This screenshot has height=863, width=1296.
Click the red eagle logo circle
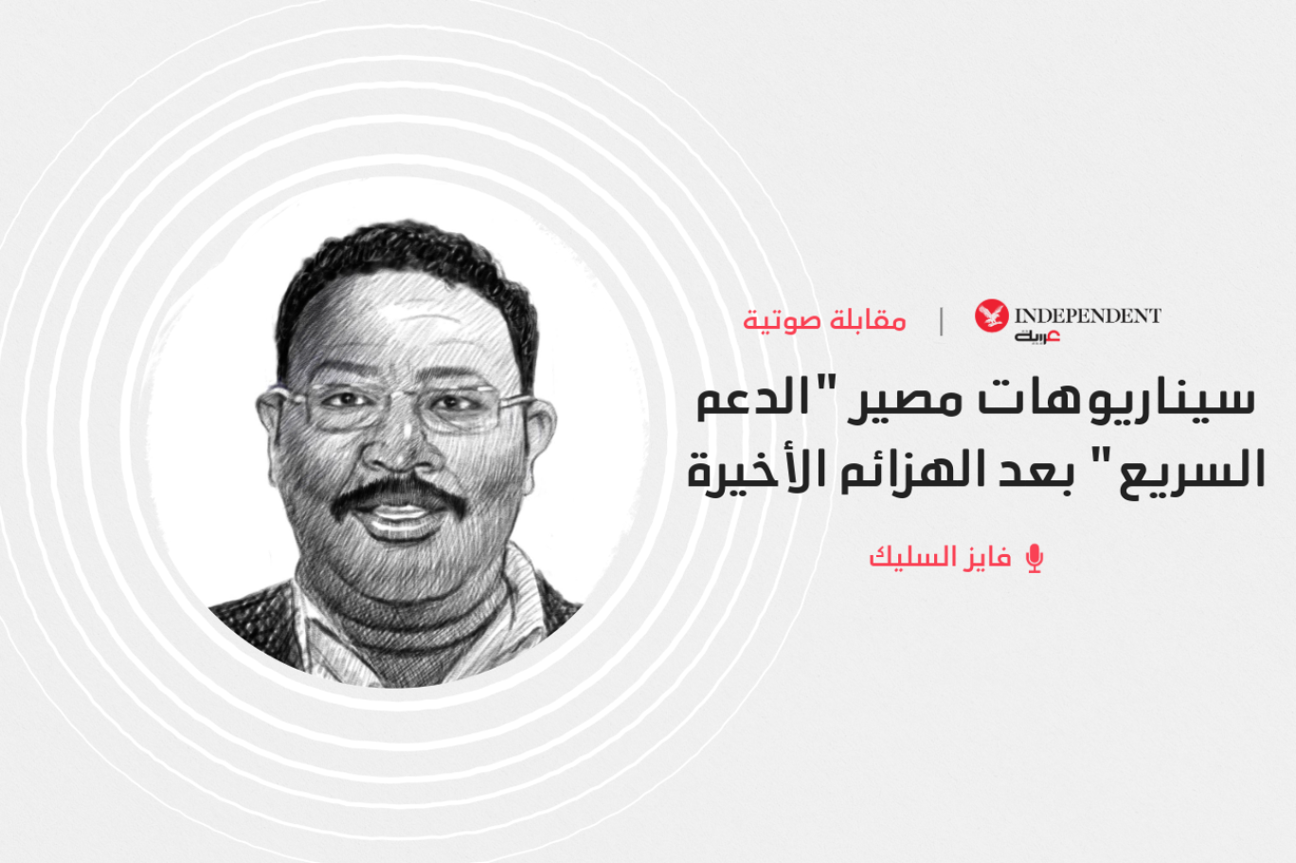992,315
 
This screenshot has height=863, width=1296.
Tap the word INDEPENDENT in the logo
1089,315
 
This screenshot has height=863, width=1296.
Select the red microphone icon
1035,559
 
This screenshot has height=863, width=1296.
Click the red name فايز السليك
941,558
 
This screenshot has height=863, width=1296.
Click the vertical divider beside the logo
942,321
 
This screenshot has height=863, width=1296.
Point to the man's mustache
399,494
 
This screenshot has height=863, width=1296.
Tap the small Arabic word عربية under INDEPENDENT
1036,336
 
